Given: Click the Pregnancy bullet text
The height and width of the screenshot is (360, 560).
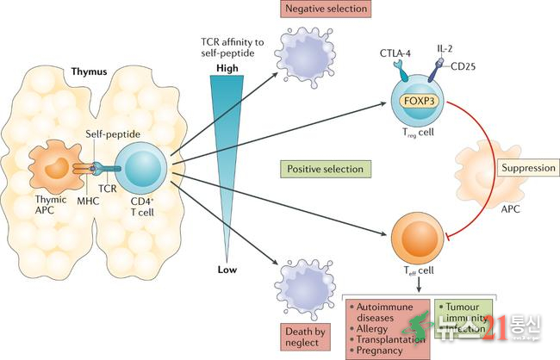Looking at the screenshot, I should pos(383,351).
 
